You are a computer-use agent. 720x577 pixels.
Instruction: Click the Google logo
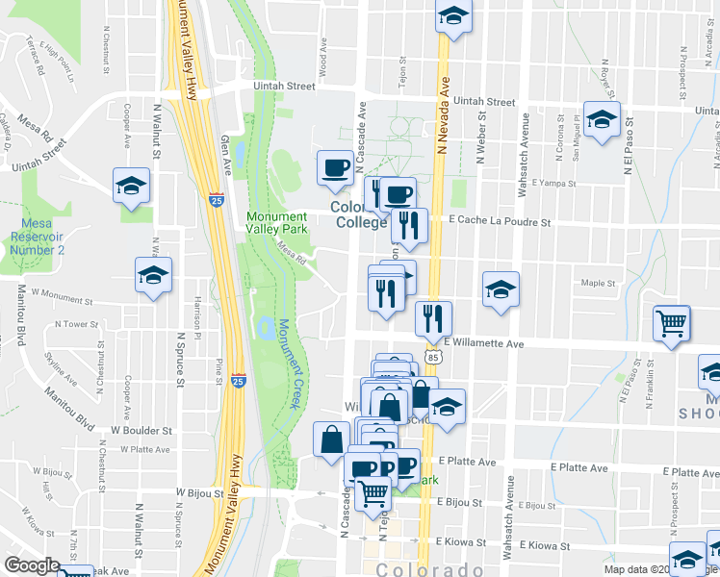(33, 565)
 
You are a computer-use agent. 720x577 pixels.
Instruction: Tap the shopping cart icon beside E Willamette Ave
(672, 323)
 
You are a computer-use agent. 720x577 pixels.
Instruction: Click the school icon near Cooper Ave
(132, 187)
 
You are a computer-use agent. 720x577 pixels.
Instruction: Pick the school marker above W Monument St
(153, 276)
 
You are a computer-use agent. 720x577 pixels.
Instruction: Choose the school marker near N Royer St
(602, 120)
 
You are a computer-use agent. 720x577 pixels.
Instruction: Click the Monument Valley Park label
(276, 223)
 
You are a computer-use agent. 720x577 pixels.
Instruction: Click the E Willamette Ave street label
(483, 342)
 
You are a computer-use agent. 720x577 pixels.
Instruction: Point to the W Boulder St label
(141, 431)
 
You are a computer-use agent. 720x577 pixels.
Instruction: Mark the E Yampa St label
(536, 182)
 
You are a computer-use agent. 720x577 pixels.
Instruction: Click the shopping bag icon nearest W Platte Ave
(331, 439)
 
